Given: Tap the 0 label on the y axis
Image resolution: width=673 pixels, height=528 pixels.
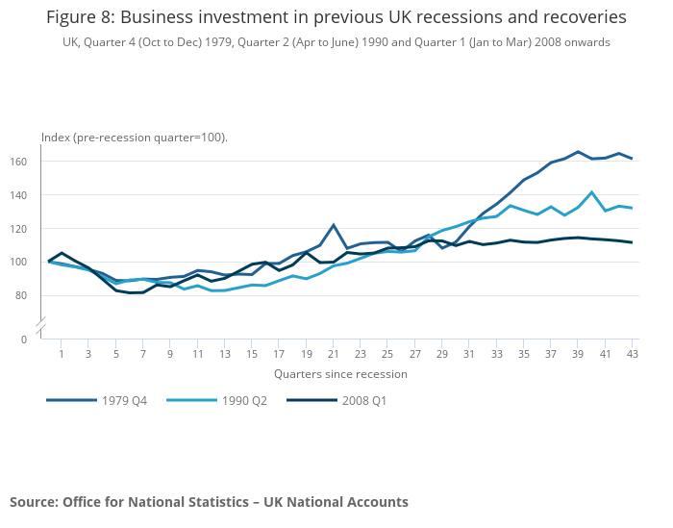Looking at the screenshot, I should (24, 339).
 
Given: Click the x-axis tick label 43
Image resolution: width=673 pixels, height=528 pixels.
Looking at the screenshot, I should (633, 355).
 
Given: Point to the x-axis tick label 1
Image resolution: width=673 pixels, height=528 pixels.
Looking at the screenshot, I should (62, 355).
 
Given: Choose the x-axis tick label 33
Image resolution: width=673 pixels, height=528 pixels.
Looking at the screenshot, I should (497, 355).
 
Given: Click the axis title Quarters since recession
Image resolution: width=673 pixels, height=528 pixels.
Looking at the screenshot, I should (340, 374).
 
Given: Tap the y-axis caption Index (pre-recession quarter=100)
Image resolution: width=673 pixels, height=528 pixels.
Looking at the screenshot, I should (134, 138).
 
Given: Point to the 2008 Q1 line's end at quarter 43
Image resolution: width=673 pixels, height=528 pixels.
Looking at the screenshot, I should (632, 242).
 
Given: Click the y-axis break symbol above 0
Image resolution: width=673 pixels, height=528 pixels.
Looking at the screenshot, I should (40, 329).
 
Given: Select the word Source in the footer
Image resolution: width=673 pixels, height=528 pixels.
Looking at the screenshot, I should (33, 502).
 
